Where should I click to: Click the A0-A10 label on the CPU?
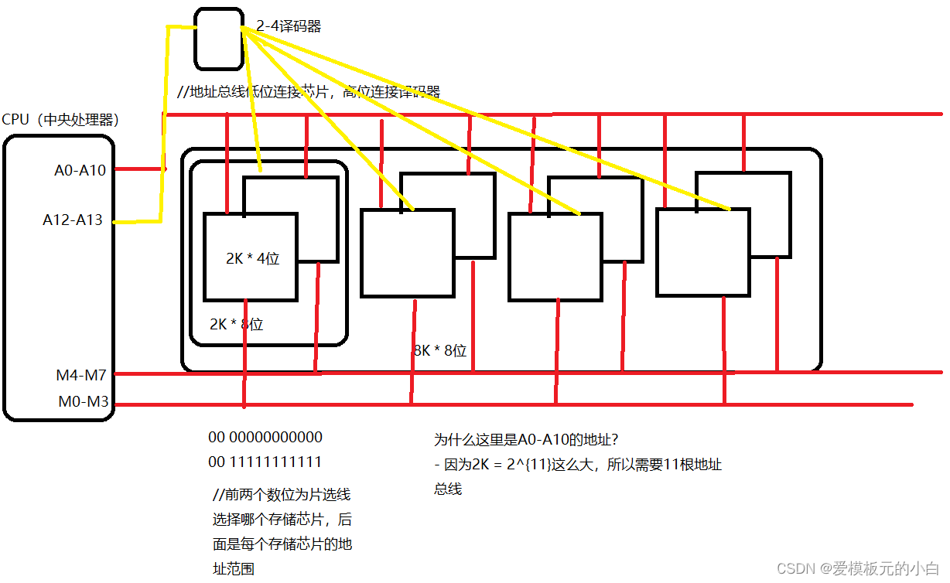tap(80, 170)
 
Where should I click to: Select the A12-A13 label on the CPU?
tap(73, 220)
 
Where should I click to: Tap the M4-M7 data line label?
tap(80, 375)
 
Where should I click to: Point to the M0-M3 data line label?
tap(82, 402)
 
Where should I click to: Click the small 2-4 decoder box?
tap(218, 39)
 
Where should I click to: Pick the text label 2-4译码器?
tap(289, 26)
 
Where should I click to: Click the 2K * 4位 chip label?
tap(252, 259)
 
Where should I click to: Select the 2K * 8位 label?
tap(236, 325)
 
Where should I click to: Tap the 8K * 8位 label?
tap(440, 350)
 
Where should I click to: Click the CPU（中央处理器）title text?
tap(60, 120)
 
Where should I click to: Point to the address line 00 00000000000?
tap(265, 438)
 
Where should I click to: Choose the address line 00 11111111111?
tap(265, 462)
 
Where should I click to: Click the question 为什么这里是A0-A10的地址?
tap(526, 440)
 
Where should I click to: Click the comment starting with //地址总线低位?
tap(309, 92)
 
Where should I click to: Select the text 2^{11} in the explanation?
tap(558, 465)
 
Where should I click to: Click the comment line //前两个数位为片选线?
tap(282, 495)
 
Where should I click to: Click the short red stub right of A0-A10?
tap(142, 169)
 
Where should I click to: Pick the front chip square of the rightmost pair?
tap(702, 252)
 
